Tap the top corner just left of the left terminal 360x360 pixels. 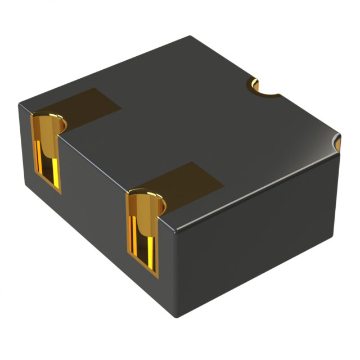[x=20, y=103]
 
